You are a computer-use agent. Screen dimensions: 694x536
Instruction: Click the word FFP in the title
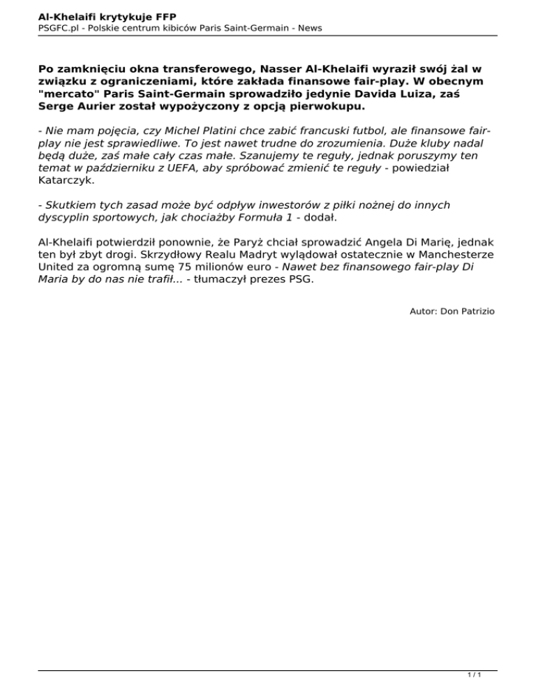(x=164, y=15)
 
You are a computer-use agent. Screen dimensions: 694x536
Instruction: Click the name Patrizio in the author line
(x=477, y=311)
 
